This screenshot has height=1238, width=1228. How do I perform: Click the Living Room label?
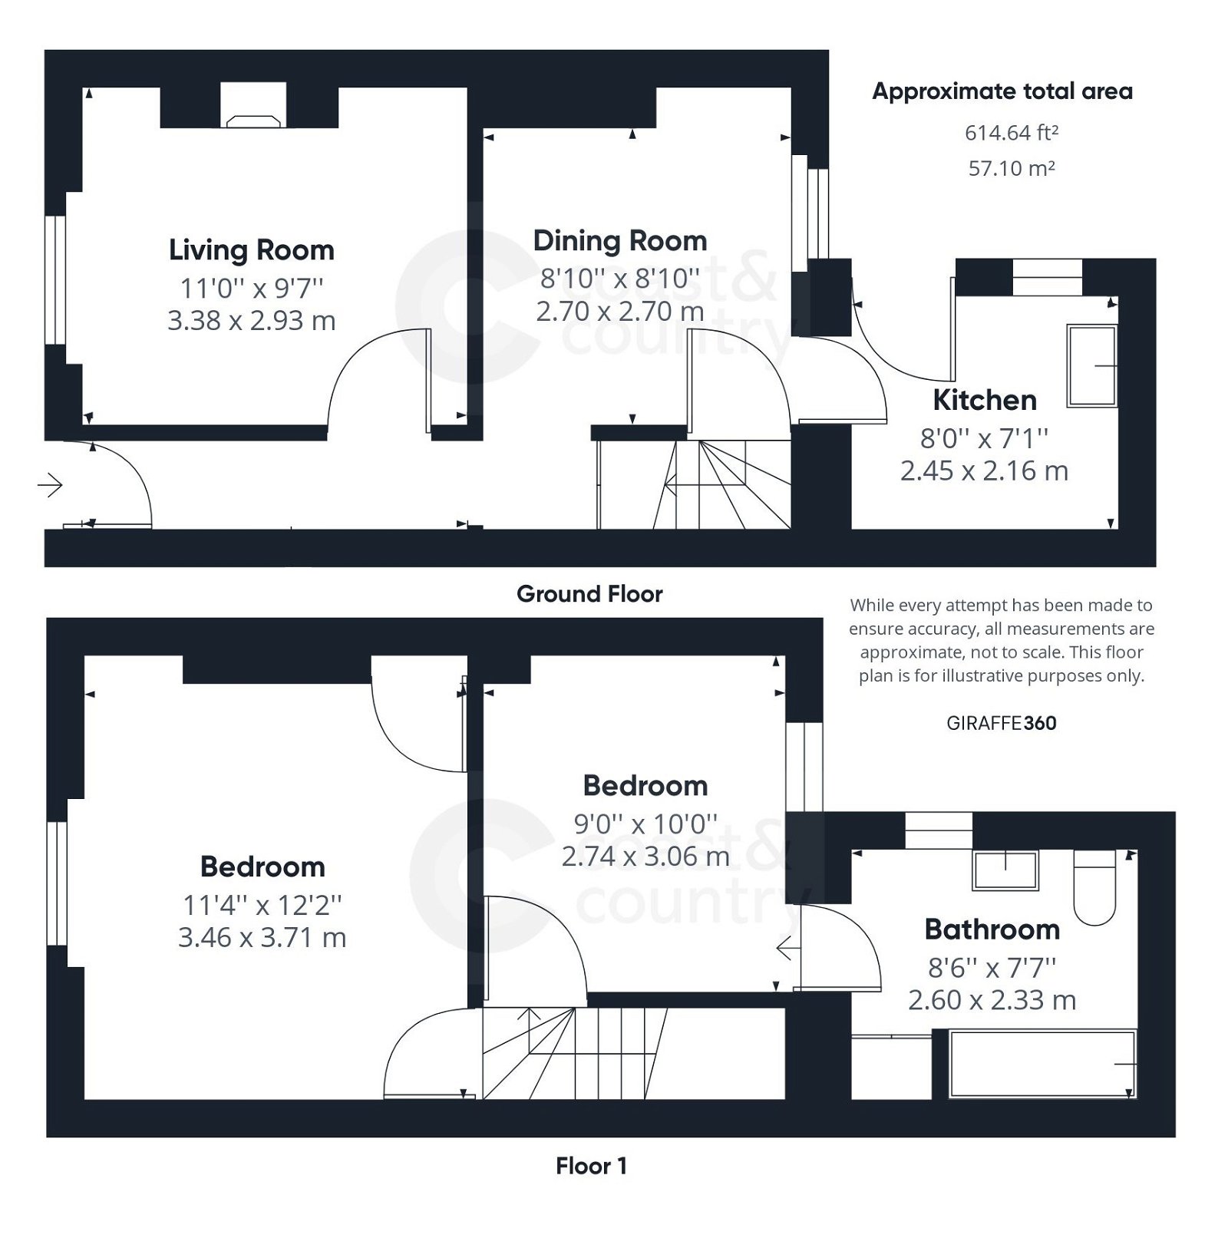(x=252, y=250)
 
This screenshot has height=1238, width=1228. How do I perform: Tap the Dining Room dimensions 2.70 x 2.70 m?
(x=620, y=312)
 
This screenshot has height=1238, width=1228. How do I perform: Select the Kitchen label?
(x=985, y=400)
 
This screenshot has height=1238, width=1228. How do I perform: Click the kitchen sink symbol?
(x=1091, y=366)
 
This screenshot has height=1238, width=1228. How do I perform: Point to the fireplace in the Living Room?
(x=253, y=120)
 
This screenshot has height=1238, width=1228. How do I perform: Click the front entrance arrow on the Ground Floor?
(x=51, y=485)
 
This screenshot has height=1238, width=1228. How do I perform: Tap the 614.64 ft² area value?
(x=1011, y=133)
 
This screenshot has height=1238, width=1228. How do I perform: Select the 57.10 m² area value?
(x=1011, y=168)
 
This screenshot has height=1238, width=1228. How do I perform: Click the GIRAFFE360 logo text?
(x=1001, y=723)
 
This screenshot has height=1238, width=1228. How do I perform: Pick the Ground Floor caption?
(x=589, y=594)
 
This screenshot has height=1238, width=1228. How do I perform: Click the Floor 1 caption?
(x=591, y=1166)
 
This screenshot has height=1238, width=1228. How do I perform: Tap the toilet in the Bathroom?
(x=1094, y=889)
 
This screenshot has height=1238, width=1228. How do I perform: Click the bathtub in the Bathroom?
(x=1042, y=1064)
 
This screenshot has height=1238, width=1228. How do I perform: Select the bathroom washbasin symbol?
(x=1005, y=870)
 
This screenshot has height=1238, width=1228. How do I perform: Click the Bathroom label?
(x=992, y=929)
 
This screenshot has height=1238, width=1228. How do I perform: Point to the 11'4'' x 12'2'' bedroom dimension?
(x=262, y=906)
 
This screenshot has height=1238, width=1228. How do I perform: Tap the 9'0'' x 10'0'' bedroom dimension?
(x=645, y=824)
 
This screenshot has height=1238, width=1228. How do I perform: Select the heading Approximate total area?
(x=1002, y=91)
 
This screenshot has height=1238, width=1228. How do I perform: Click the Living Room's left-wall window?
(x=54, y=279)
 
